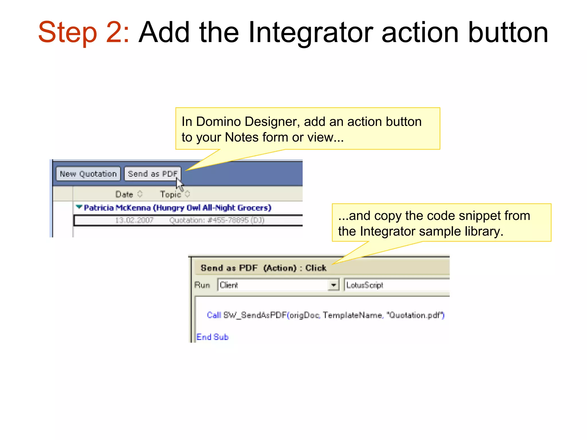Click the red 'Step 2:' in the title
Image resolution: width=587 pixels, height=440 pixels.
click(x=83, y=32)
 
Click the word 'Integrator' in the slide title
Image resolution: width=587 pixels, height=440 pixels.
click(x=311, y=32)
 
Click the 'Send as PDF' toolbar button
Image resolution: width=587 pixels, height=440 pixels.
click(x=152, y=174)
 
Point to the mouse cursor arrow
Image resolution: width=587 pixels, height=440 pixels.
click(x=179, y=184)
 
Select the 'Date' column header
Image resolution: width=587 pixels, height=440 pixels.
click(x=124, y=195)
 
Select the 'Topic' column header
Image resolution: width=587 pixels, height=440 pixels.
click(x=170, y=195)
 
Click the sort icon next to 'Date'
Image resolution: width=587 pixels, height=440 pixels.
click(x=140, y=194)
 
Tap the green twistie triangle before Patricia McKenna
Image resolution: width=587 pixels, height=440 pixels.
click(x=79, y=207)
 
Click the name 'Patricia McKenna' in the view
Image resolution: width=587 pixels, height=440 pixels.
click(x=117, y=208)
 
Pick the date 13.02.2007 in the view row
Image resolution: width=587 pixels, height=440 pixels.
click(x=134, y=220)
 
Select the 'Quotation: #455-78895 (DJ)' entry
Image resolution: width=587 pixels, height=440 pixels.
click(x=217, y=220)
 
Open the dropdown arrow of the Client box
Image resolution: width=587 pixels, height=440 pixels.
click(x=333, y=285)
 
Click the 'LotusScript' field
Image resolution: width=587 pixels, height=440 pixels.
click(x=365, y=285)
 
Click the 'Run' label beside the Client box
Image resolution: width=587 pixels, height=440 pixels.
click(x=202, y=285)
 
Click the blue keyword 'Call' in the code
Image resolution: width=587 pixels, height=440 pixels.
click(x=214, y=315)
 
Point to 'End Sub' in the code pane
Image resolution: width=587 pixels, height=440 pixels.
click(x=212, y=337)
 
